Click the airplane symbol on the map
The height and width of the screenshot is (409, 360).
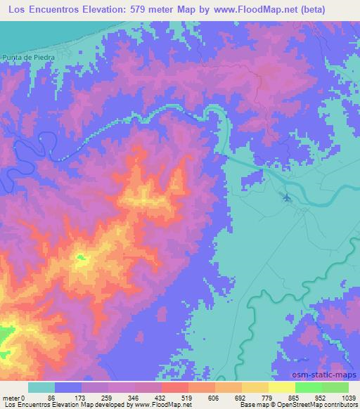click(x=286, y=197)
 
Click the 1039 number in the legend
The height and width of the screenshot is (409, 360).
click(x=348, y=398)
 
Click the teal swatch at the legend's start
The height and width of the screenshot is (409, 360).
click(x=41, y=387)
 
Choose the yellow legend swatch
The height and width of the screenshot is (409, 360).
click(x=281, y=387)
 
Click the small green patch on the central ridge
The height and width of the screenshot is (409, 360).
click(x=81, y=259)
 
